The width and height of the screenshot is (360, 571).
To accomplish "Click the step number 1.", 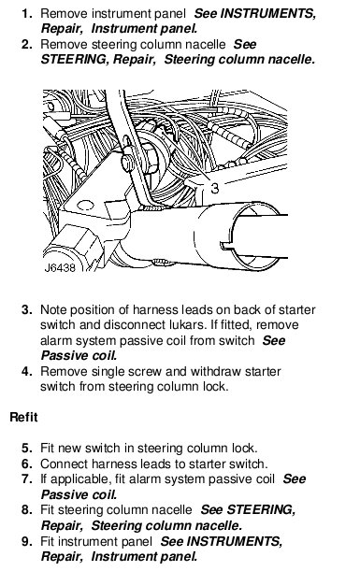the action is click(x=26, y=14).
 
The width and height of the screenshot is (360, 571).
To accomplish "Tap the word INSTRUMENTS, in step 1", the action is click(x=268, y=14).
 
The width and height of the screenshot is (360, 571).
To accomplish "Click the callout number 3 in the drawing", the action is click(x=215, y=188).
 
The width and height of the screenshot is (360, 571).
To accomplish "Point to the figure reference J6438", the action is click(x=60, y=267).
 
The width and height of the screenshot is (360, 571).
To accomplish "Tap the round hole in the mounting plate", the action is click(x=86, y=206).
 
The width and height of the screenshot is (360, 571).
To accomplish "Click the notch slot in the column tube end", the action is click(x=229, y=245).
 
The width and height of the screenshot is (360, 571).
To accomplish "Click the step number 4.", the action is click(x=26, y=371).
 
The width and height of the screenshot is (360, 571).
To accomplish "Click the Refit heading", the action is click(x=23, y=417).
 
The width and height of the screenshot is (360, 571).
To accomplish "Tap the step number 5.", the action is click(x=26, y=448).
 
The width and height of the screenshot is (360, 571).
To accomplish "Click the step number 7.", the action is click(x=26, y=478).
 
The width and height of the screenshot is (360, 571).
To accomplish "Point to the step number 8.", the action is click(x=26, y=509).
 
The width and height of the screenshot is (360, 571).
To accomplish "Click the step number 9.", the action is click(x=26, y=541).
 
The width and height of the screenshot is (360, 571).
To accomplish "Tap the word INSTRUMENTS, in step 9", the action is click(x=235, y=541).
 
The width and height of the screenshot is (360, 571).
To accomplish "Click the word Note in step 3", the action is click(x=53, y=309).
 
